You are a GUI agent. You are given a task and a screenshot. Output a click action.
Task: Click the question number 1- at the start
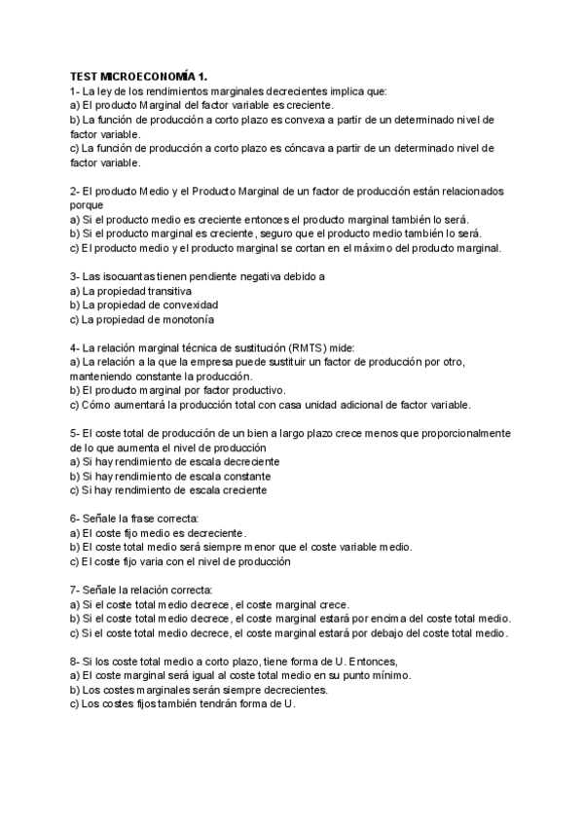pyautogui.click(x=76, y=90)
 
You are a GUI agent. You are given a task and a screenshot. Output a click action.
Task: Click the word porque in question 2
pyautogui.click(x=87, y=205)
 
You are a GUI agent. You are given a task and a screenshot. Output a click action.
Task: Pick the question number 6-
pyautogui.click(x=76, y=519)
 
